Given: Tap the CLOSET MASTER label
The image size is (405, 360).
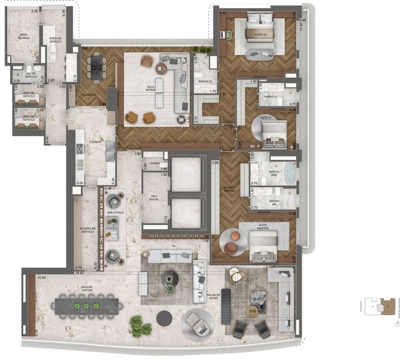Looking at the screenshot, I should click(229, 188).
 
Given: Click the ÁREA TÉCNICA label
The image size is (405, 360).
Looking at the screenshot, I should click(23, 37).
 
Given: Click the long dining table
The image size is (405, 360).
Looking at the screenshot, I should click(89, 305).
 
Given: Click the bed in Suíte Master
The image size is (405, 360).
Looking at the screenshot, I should click(265, 246).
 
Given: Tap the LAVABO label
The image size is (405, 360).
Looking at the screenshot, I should click(154, 163).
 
